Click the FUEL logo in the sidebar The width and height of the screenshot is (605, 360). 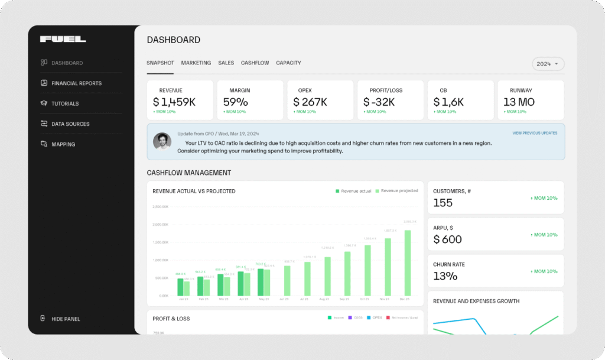63,40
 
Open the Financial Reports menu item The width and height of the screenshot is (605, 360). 76,83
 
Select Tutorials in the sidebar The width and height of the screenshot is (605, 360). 65,103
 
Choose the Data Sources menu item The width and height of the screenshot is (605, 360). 70,124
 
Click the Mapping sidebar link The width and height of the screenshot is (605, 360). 63,144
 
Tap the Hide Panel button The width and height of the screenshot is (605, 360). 65,319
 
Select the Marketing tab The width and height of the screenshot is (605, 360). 196,63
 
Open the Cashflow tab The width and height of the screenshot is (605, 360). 255,63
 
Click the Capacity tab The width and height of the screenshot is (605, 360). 288,63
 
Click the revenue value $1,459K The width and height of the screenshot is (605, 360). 174,102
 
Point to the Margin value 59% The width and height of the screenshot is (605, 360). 235,102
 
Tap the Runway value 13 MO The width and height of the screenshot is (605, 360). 519,102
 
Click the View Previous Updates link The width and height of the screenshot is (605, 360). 535,133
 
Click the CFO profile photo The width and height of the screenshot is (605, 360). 162,141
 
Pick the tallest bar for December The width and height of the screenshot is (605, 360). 408,262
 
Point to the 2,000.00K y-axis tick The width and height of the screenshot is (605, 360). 161,225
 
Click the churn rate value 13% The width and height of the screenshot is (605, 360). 445,276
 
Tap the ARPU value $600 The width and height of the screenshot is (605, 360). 448,239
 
